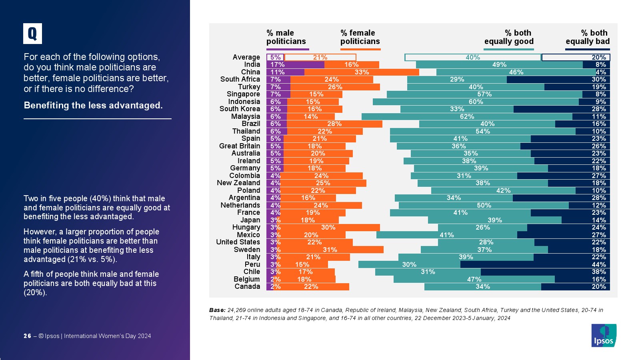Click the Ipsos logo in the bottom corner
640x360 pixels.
pyautogui.click(x=604, y=335)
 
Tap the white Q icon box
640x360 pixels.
pyautogui.click(x=32, y=34)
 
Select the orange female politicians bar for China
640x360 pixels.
pyautogui.click(x=362, y=72)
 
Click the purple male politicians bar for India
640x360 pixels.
pyautogui.click(x=295, y=65)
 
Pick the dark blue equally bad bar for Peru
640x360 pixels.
pyautogui.click(x=535, y=264)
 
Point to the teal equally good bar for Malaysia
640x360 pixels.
pyautogui.click(x=467, y=117)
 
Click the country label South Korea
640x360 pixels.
pyautogui.click(x=240, y=109)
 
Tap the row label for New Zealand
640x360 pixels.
pyautogui.click(x=238, y=183)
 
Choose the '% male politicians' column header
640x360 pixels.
pyautogui.click(x=286, y=37)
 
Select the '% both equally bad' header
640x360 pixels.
pyautogui.click(x=588, y=37)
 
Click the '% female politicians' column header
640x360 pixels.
pyautogui.click(x=360, y=37)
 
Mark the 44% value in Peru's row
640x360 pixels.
pyautogui.click(x=599, y=264)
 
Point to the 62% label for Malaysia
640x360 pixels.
pyautogui.click(x=467, y=117)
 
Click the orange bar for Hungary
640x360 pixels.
pyautogui.click(x=330, y=228)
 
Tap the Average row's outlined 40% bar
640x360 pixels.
pyautogui.click(x=472, y=58)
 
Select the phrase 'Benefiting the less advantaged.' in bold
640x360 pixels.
pyautogui.click(x=93, y=105)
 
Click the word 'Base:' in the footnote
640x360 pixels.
pyautogui.click(x=217, y=310)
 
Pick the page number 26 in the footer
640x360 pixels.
pyautogui.click(x=27, y=336)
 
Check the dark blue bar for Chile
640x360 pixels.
pyautogui.click(x=545, y=272)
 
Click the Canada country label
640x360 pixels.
pyautogui.click(x=247, y=286)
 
